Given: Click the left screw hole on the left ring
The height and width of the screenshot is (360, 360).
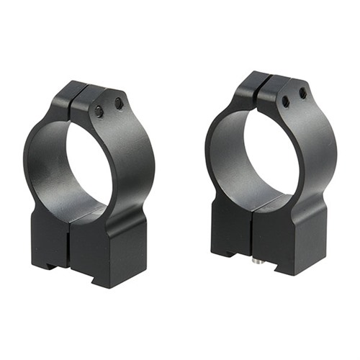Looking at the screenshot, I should point(99,111).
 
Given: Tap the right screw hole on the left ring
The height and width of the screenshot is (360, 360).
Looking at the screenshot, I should point(118,104).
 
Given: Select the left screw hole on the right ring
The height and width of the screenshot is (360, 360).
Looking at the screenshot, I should point(286,102).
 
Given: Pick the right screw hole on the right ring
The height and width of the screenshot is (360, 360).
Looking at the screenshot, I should point(303,93).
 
